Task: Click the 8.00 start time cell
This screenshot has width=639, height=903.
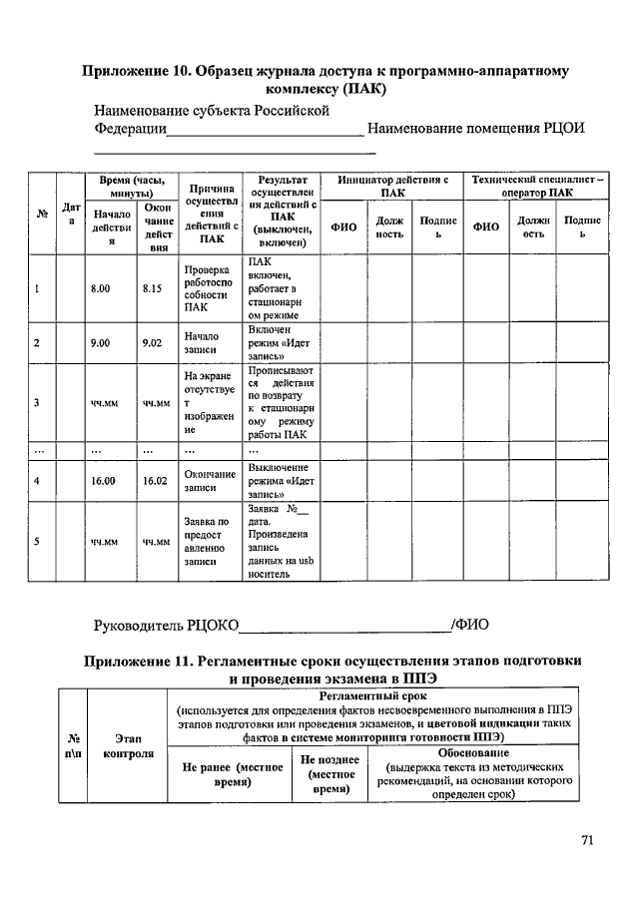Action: pos(104,288)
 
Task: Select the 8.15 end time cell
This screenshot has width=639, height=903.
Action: pos(153,288)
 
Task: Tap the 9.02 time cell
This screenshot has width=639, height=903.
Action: pos(153,343)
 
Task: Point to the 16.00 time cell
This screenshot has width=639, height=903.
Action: pos(104,481)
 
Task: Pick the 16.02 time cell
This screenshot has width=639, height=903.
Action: pos(153,481)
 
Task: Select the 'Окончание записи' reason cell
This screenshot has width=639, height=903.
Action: pos(208,481)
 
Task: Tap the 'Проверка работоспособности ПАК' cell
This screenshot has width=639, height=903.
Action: pos(208,288)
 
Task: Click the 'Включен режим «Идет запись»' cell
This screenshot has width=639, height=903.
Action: pos(281,343)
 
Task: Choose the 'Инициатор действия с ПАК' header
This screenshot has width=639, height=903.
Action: pos(392,186)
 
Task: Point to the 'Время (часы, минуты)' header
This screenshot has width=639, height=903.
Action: pos(126,186)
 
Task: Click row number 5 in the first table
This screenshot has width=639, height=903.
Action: pos(37,542)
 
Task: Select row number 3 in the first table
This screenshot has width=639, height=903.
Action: pos(37,403)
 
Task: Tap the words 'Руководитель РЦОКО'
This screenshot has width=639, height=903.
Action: pos(166,625)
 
